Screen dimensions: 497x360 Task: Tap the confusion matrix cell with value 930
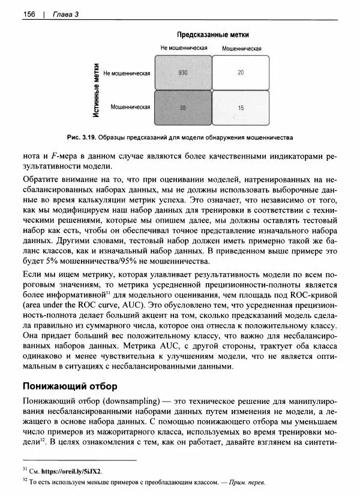183,72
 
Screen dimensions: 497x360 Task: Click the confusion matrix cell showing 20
241,72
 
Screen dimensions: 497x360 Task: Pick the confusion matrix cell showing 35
183,107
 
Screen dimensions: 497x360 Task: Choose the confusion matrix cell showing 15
241,107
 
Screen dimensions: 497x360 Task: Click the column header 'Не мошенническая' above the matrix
184,47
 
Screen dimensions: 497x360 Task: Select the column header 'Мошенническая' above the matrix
241,47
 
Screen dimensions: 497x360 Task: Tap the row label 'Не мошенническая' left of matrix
127,73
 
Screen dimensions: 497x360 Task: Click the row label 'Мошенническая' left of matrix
130,107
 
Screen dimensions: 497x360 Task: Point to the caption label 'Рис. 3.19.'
83,136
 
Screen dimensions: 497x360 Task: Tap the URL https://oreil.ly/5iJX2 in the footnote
69,471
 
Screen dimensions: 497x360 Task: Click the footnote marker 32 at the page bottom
25,481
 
